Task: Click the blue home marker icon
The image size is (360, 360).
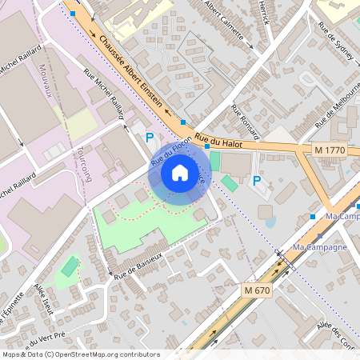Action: (x=180, y=173)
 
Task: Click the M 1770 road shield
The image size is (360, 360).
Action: (x=329, y=150)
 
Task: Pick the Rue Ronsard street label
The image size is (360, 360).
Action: (x=246, y=119)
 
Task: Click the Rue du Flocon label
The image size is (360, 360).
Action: (x=170, y=150)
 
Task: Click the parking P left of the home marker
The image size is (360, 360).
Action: (x=149, y=138)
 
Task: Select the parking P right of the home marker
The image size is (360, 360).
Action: (x=257, y=181)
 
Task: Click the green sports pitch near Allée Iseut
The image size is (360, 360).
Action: (x=70, y=266)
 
